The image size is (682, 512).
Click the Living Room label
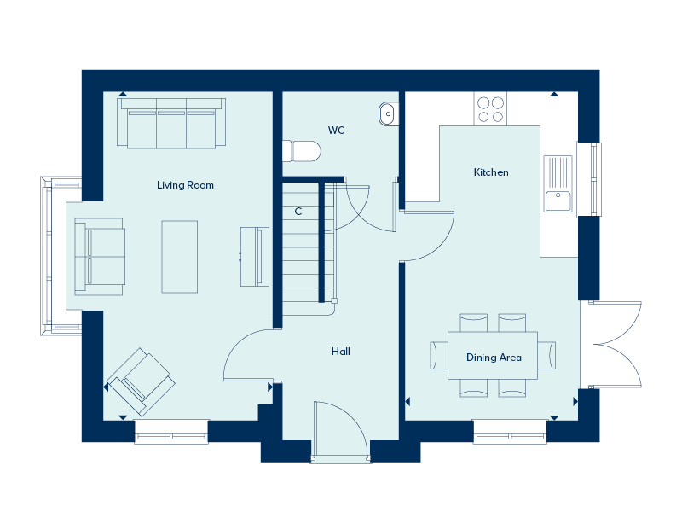click(x=185, y=185)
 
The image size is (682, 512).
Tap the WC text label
click(x=336, y=131)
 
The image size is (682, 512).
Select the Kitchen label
click(x=491, y=172)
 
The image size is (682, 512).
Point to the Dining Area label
click(x=494, y=358)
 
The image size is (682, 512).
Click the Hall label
click(x=341, y=352)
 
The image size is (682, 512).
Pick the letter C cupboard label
click(x=298, y=211)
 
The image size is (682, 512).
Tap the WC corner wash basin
click(x=388, y=113)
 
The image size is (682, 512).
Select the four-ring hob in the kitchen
click(x=490, y=109)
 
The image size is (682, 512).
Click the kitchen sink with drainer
click(x=558, y=183)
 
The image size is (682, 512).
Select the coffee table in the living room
click(x=180, y=256)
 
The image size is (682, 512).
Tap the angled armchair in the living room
click(x=140, y=377)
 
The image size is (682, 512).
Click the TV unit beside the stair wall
click(x=254, y=257)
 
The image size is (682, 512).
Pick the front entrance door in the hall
click(x=340, y=432)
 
